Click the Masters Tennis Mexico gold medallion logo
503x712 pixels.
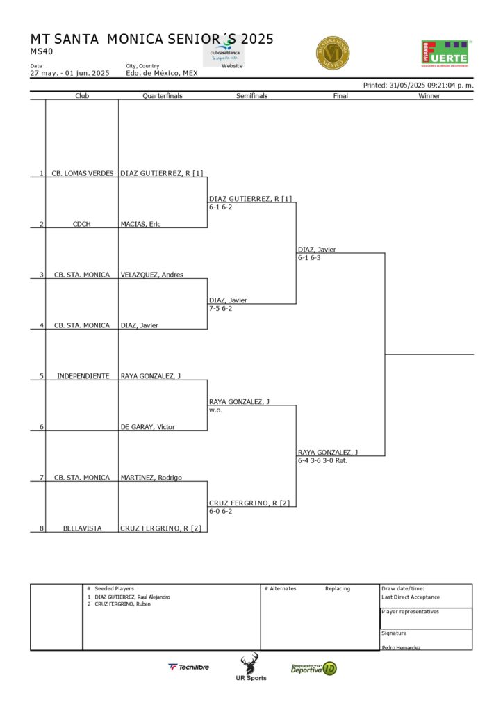(x=332, y=53)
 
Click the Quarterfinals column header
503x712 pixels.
(x=163, y=96)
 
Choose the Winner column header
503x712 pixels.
(x=429, y=96)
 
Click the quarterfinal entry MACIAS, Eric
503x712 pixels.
(x=140, y=224)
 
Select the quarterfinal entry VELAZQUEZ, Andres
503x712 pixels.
(x=151, y=275)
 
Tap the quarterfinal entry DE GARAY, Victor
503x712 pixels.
(x=147, y=427)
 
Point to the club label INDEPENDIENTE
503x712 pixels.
(x=82, y=376)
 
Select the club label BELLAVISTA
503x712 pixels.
(x=82, y=528)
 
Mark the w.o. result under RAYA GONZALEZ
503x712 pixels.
(x=215, y=410)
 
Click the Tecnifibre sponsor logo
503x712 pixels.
(x=188, y=667)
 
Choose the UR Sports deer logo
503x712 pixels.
(x=249, y=667)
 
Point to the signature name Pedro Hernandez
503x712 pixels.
(x=401, y=647)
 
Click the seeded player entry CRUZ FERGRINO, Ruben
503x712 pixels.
(x=122, y=604)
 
